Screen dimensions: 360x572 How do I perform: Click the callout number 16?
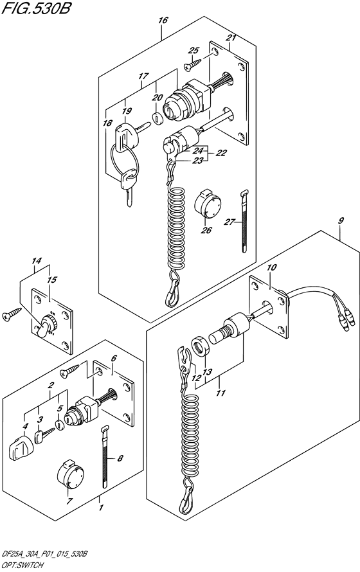163,21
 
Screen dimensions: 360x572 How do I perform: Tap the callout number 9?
341,220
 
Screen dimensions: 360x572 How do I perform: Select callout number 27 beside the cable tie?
229,222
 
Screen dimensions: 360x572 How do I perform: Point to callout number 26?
206,230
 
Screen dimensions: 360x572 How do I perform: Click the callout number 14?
37,261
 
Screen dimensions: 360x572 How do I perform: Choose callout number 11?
221,393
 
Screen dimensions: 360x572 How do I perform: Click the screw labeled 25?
193,65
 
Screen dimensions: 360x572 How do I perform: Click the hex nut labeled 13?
200,346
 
